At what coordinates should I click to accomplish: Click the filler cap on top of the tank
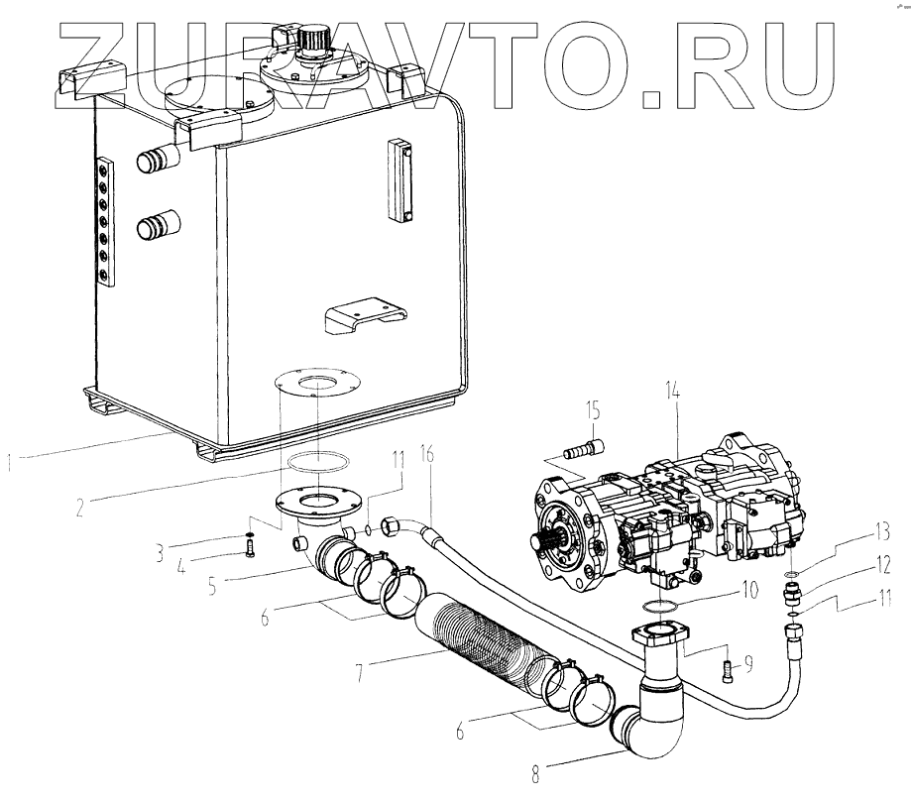tap(318, 42)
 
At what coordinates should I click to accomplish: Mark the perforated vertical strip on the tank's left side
tap(104, 224)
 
